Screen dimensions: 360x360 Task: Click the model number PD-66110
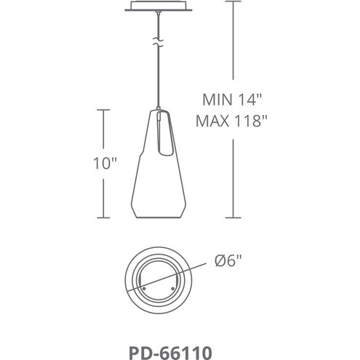(170, 353)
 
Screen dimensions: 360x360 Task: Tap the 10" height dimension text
(105, 163)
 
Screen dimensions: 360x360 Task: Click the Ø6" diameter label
(228, 260)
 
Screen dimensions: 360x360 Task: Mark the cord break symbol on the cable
(158, 41)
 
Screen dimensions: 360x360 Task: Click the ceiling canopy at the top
(159, 6)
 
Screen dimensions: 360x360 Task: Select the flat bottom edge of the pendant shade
(159, 217)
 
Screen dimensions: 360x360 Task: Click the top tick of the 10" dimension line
(103, 110)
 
